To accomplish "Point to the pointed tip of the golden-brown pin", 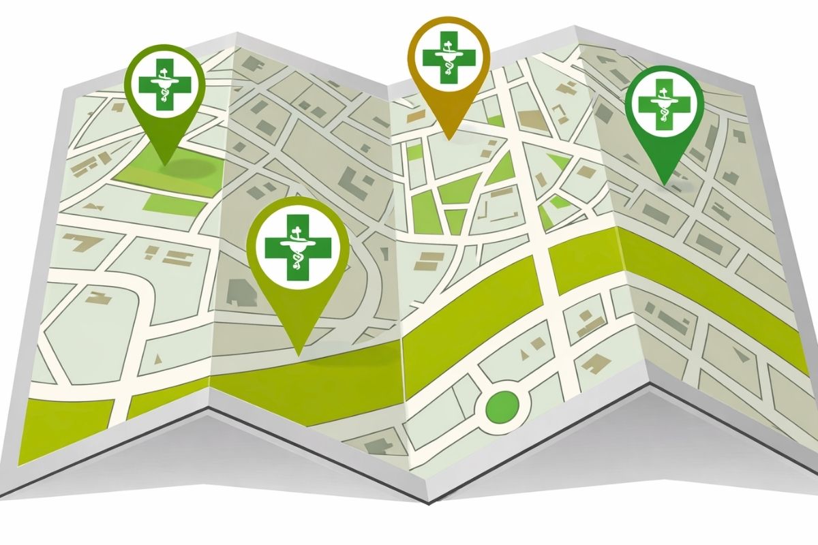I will click(x=449, y=139).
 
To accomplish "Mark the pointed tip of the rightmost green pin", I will click(x=663, y=185).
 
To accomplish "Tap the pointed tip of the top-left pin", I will click(x=164, y=164).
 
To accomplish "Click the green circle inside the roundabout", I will click(x=501, y=407).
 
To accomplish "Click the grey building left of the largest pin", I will click(x=238, y=290).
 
